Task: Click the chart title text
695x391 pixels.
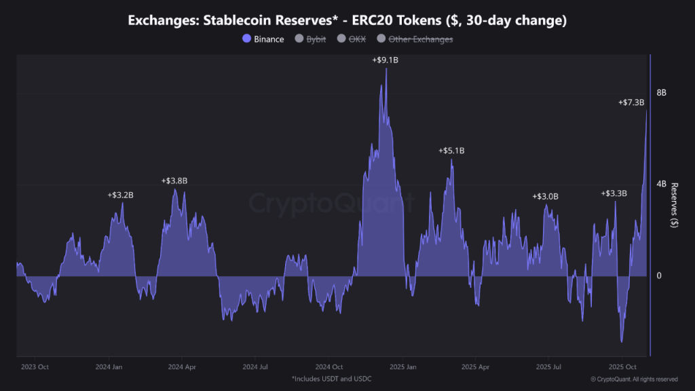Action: pyautogui.click(x=347, y=21)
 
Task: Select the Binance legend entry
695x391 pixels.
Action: pyautogui.click(x=263, y=39)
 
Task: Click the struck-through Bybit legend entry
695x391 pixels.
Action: pyautogui.click(x=310, y=39)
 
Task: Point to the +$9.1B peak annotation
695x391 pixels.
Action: pyautogui.click(x=385, y=60)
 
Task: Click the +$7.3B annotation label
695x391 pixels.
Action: pyautogui.click(x=631, y=103)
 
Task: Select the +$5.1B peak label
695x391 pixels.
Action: pyautogui.click(x=451, y=151)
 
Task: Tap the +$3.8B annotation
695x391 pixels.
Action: pyautogui.click(x=174, y=181)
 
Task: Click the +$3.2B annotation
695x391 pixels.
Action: pyautogui.click(x=120, y=195)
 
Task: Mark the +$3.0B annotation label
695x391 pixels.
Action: pyautogui.click(x=545, y=196)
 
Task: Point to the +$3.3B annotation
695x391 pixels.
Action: pyautogui.click(x=614, y=193)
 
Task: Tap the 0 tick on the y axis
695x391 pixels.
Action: pyautogui.click(x=658, y=276)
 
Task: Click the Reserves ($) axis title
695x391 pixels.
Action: pyautogui.click(x=674, y=204)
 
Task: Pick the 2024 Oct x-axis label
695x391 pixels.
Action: pyautogui.click(x=329, y=367)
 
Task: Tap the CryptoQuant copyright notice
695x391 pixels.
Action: pyautogui.click(x=634, y=379)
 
